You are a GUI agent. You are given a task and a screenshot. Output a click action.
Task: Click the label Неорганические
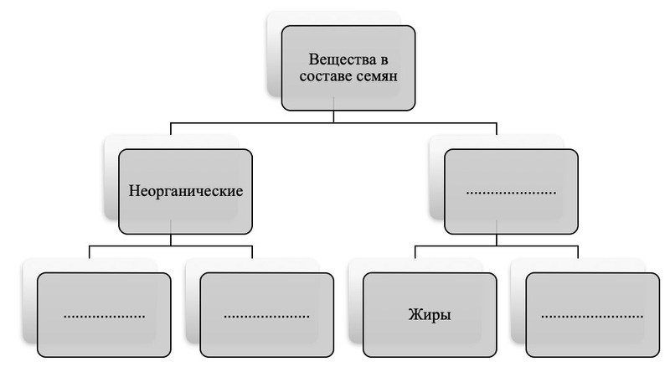click(x=185, y=190)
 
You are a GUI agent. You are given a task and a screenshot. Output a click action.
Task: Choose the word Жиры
click(x=429, y=316)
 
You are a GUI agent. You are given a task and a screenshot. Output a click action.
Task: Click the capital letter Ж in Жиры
click(x=414, y=316)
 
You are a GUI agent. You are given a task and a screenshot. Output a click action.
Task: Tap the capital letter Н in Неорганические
click(x=134, y=190)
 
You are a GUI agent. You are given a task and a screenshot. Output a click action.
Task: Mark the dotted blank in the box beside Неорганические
click(x=510, y=192)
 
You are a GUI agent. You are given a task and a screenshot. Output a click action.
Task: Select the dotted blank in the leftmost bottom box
click(x=105, y=316)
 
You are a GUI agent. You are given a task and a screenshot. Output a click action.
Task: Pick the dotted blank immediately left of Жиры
click(x=266, y=316)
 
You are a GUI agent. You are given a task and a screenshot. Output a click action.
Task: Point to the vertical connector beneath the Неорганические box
click(x=171, y=240)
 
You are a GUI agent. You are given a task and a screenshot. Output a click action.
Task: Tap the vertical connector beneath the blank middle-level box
click(x=496, y=240)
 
